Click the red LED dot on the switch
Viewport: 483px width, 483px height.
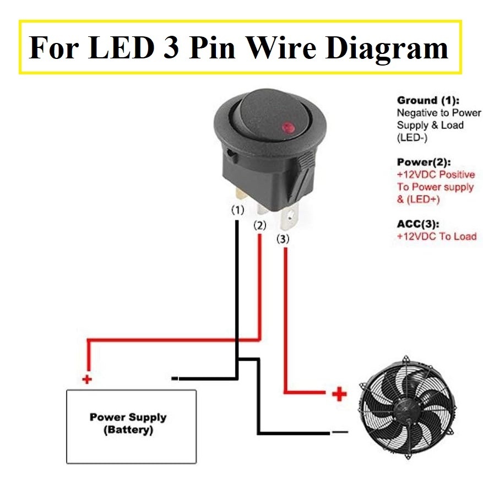pyautogui.click(x=287, y=127)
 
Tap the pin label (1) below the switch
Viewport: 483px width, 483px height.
pyautogui.click(x=237, y=210)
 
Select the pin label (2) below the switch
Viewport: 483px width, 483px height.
pyautogui.click(x=259, y=225)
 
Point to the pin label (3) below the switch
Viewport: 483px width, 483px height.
pyautogui.click(x=283, y=238)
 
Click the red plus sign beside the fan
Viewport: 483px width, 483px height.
pyautogui.click(x=339, y=394)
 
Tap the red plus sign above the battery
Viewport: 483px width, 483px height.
pyautogui.click(x=87, y=379)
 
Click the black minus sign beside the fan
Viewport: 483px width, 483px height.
pyautogui.click(x=340, y=432)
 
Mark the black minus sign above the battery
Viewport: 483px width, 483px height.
pyautogui.click(x=175, y=378)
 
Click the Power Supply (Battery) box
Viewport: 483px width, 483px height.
pyautogui.click(x=132, y=426)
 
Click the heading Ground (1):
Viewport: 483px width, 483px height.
pyautogui.click(x=428, y=100)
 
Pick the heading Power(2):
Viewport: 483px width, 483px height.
pyautogui.click(x=424, y=162)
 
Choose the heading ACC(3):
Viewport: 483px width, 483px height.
pyautogui.click(x=418, y=224)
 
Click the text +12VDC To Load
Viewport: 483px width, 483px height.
pyautogui.click(x=437, y=236)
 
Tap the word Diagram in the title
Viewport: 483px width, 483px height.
pyautogui.click(x=387, y=48)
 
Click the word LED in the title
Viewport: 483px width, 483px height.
pyautogui.click(x=121, y=47)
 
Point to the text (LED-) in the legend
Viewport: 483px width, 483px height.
pyautogui.click(x=412, y=137)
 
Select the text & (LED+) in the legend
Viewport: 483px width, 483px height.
pyautogui.click(x=418, y=199)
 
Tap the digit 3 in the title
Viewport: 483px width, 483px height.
pyautogui.click(x=171, y=47)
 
